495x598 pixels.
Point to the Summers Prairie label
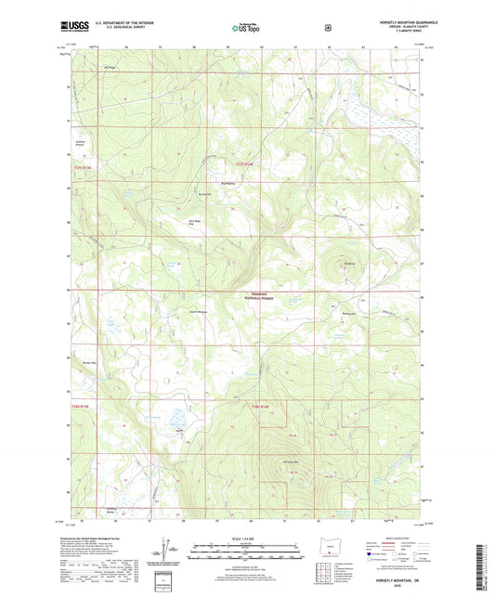(x=80, y=142)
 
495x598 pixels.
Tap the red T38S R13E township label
(x=84, y=405)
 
